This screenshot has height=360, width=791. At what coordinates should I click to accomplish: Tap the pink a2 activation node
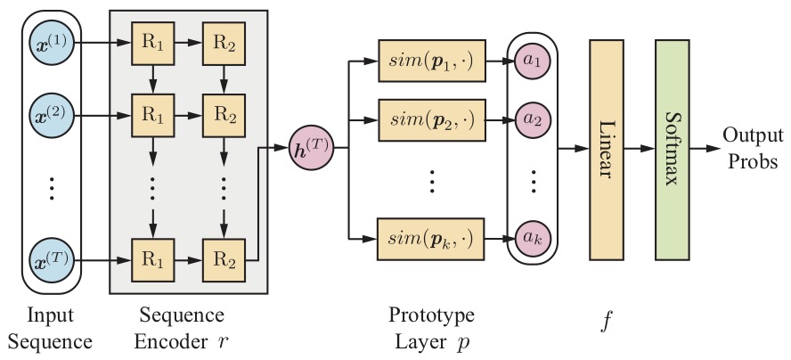[x=534, y=117]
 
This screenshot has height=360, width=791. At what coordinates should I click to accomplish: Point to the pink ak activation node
[x=534, y=238]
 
